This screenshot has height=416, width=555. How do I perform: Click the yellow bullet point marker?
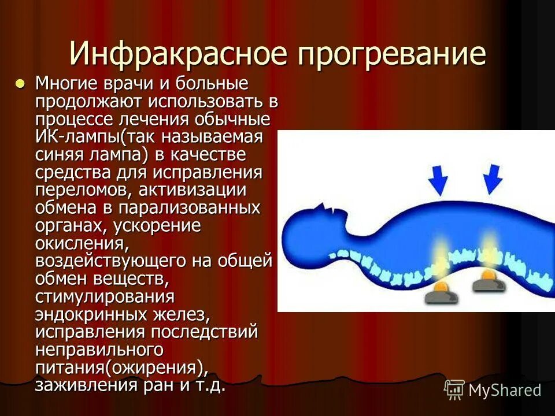tap(20, 83)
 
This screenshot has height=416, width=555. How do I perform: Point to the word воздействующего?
tap(110, 261)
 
